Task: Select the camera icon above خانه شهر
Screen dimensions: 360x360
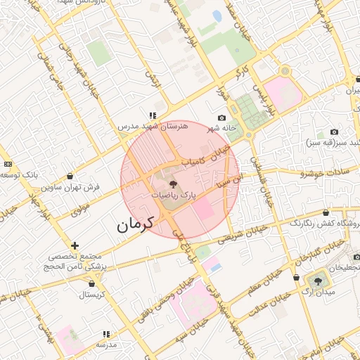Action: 222,117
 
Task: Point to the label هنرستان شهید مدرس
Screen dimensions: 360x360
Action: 153,126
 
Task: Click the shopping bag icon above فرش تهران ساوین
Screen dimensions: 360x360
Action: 69,176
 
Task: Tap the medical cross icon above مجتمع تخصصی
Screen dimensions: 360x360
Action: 75,245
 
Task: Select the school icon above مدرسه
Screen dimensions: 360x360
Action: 106,334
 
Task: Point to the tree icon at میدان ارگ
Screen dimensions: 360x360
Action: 320,281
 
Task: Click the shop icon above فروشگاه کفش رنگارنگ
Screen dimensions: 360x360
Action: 326,212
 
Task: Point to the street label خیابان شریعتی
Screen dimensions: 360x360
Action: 246,234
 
